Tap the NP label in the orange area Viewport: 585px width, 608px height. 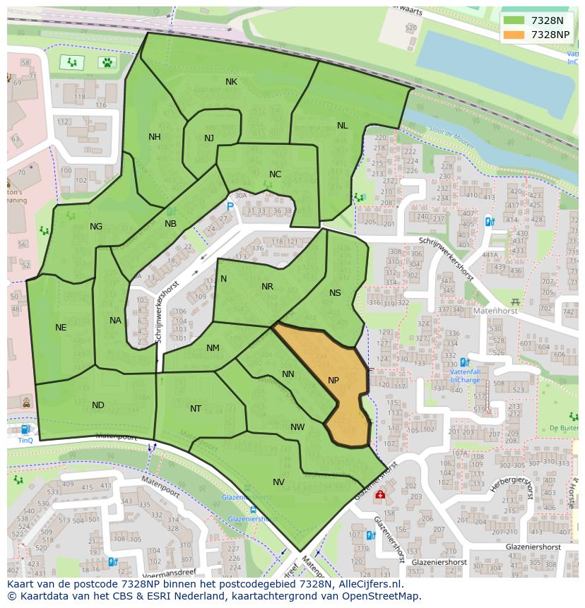[333, 381]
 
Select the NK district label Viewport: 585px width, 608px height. [231, 82]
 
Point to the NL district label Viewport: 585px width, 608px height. [342, 126]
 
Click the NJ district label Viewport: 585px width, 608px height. [208, 138]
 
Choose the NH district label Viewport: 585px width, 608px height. [154, 137]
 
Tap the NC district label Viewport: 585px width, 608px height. [275, 174]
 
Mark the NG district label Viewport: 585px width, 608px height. [96, 227]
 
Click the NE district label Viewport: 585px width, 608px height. [61, 328]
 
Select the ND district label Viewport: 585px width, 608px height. [97, 405]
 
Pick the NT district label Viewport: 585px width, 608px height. [196, 409]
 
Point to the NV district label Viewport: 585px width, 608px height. [278, 482]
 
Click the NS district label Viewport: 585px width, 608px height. [335, 293]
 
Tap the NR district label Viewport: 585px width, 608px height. [267, 287]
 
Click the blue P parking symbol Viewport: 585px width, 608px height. [230, 207]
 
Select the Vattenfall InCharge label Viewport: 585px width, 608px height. [466, 376]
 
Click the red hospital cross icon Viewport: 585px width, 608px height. [380, 495]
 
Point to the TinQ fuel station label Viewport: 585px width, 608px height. [25, 440]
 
